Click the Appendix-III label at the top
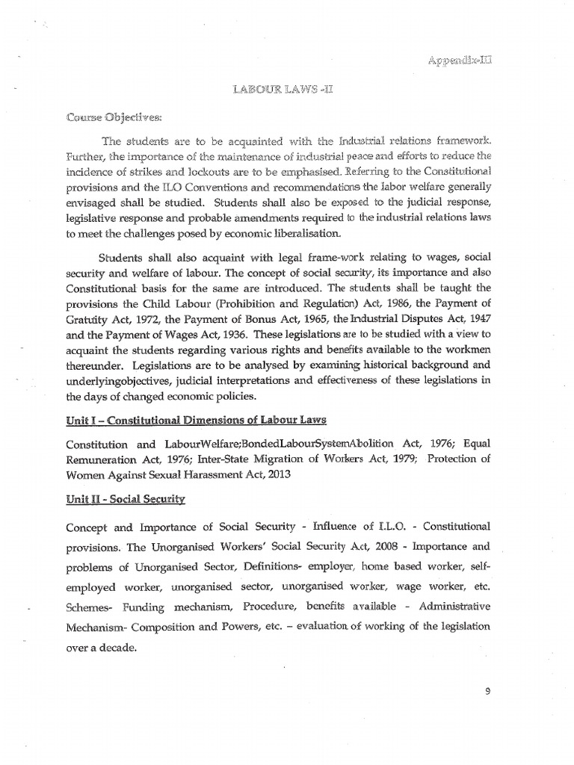point(460,60)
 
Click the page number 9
point(487,691)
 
